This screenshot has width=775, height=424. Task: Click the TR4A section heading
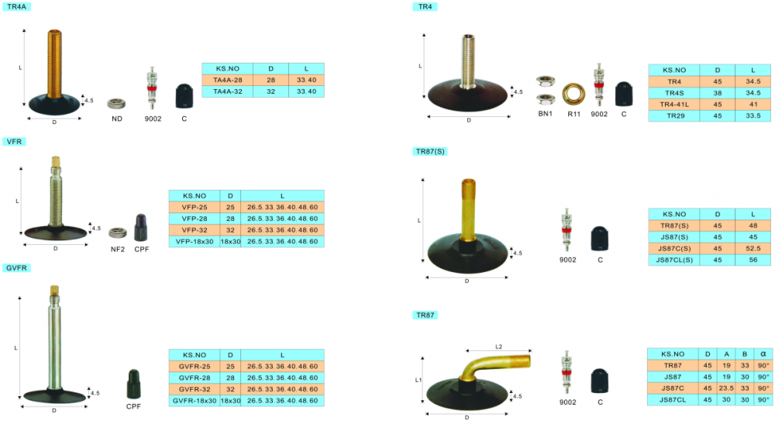click(16, 7)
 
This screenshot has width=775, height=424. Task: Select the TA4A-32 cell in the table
click(227, 91)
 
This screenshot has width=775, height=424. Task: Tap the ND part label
click(117, 119)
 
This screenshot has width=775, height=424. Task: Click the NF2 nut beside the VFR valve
click(118, 233)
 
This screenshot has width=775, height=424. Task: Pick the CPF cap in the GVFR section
click(133, 384)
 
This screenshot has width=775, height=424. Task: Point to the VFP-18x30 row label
click(195, 242)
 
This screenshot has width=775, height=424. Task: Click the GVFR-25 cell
click(195, 367)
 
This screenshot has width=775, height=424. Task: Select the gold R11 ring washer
click(573, 94)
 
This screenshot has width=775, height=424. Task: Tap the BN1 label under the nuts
click(545, 114)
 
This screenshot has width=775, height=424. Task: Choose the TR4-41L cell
click(674, 105)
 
